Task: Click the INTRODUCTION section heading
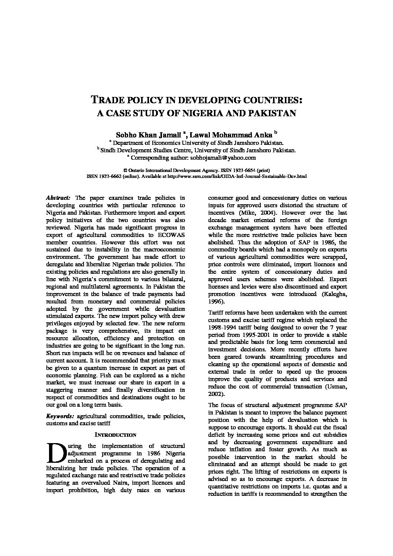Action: (x=116, y=435)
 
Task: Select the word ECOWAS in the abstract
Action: (x=172, y=235)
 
